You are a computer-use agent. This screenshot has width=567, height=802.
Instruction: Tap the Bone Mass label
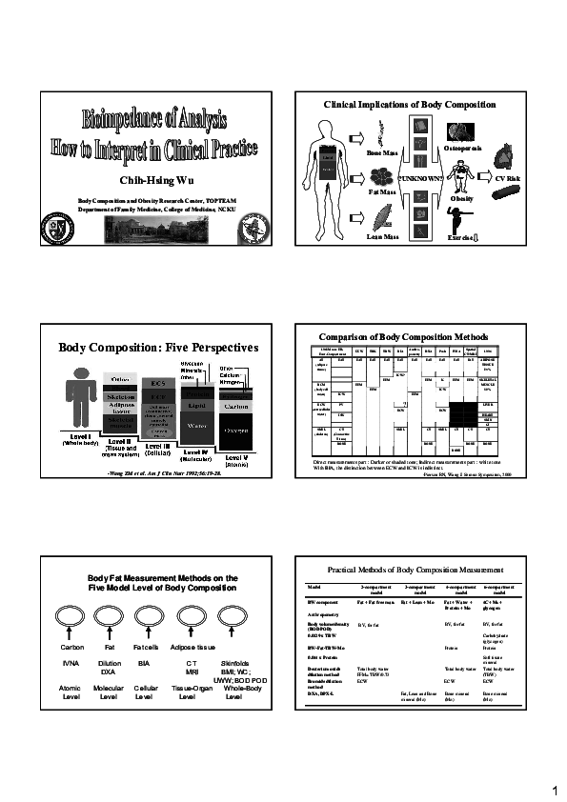[x=382, y=151]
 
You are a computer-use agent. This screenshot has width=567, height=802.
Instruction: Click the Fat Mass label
[x=381, y=191]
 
